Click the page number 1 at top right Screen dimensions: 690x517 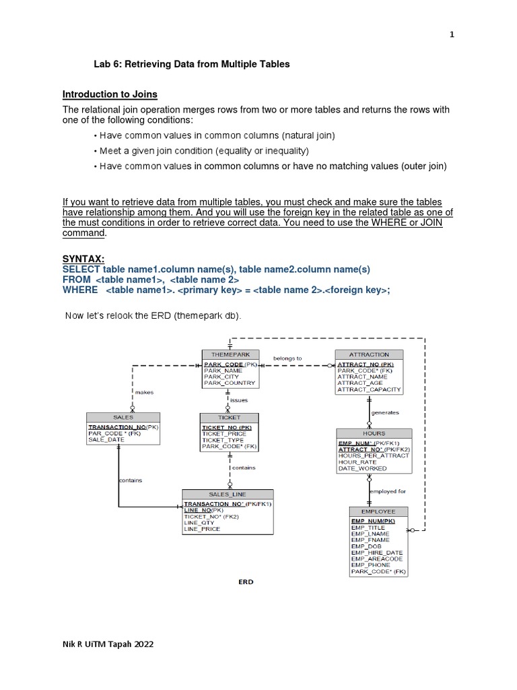452,36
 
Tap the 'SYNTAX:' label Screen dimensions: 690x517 83,258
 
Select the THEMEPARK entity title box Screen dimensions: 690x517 230,354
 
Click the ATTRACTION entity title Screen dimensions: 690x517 369,354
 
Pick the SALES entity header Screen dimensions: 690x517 123,417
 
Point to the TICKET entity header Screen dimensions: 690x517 229,417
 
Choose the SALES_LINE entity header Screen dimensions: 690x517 228,494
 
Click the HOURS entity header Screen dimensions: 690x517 374,433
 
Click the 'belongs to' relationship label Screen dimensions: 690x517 287,358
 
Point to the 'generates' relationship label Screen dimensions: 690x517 385,412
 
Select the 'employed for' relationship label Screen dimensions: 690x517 388,491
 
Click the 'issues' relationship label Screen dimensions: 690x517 239,400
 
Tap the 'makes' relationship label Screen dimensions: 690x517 144,391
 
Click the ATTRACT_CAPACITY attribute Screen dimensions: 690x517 369,389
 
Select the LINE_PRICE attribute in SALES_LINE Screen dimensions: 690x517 202,529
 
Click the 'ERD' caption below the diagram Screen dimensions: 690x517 246,582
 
